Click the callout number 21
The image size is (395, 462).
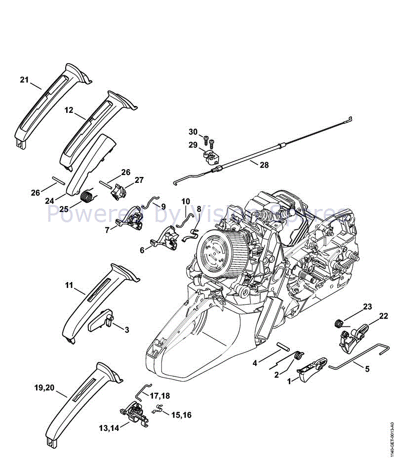click(25, 79)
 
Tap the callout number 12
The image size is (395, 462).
click(69, 111)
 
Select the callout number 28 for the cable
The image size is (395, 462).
click(264, 165)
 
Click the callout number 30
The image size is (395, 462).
click(193, 132)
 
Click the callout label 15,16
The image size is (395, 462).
click(181, 416)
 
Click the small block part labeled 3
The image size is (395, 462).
click(101, 322)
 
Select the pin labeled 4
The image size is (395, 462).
click(285, 346)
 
